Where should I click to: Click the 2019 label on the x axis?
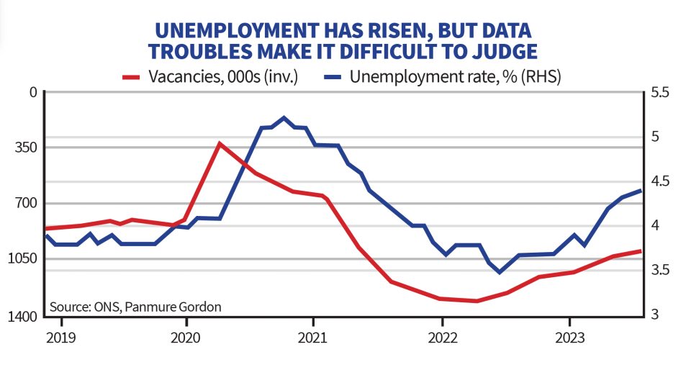coord(61,338)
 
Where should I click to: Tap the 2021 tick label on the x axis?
coord(312,338)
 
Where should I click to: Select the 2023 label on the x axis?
coord(570,338)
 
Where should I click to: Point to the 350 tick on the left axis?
coord(26,147)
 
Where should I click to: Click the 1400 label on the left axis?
coord(22,317)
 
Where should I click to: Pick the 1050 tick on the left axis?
coord(22,258)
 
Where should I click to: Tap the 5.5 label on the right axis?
coord(659,92)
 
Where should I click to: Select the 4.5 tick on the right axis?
coord(659,181)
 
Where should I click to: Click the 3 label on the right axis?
coord(654,314)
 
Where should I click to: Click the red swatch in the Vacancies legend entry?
coord(131,78)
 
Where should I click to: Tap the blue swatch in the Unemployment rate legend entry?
coord(333,78)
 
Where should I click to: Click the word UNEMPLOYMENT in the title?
coord(236,30)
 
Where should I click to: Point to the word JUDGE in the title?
coord(505,52)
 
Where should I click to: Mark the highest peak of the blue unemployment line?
coord(284,117)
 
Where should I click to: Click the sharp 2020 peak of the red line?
coord(219,143)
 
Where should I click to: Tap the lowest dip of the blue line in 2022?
coord(500,273)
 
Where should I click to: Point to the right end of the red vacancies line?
coord(641,251)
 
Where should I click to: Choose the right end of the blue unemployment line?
coord(641,190)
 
